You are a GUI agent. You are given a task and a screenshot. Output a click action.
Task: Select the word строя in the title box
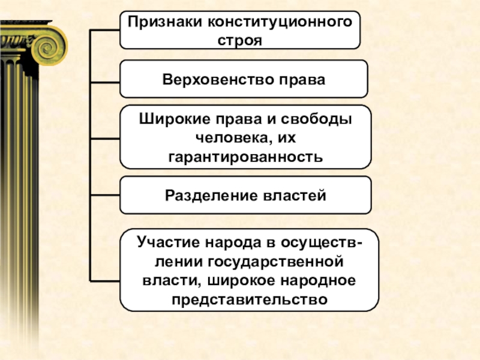[x=240, y=40]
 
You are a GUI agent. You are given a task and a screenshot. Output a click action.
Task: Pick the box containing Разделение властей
[x=245, y=195]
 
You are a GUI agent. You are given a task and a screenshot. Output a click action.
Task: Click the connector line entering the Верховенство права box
[x=105, y=81]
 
